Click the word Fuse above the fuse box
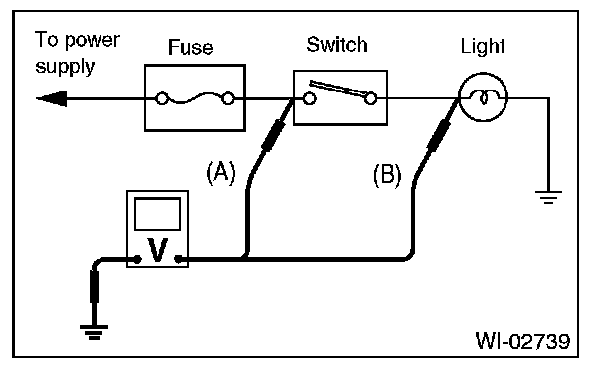191,47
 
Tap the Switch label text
337,45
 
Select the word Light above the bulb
483,46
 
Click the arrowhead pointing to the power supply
52,99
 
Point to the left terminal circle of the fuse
161,99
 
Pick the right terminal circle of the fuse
228,99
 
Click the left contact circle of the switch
309,99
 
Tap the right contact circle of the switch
370,99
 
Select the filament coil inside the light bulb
483,97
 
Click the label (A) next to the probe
221,173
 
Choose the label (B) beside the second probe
387,175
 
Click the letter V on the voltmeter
158,250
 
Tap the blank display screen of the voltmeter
157,214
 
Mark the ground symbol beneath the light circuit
548,197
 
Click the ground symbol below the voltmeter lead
94,332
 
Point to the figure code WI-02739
522,341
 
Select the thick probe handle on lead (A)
274,134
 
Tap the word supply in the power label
65,67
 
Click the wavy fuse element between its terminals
195,98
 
